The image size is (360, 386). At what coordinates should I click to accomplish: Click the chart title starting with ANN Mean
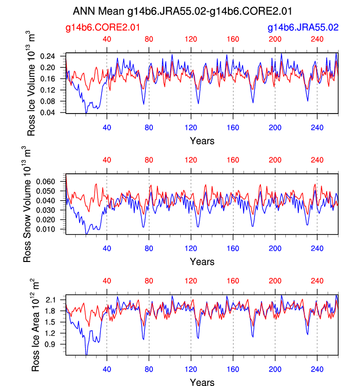click(182, 10)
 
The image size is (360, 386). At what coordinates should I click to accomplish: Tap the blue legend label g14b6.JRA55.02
click(303, 28)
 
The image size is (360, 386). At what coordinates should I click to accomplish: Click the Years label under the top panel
click(202, 140)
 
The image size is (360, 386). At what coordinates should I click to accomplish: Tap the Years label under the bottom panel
click(202, 382)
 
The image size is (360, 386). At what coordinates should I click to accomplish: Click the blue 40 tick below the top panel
click(107, 127)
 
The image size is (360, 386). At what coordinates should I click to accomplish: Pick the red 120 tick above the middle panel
click(191, 160)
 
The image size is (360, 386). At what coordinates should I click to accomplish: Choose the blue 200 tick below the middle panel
click(275, 248)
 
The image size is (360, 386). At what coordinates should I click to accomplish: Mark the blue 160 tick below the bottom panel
click(233, 369)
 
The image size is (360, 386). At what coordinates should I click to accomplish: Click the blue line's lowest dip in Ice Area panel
click(86, 355)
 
